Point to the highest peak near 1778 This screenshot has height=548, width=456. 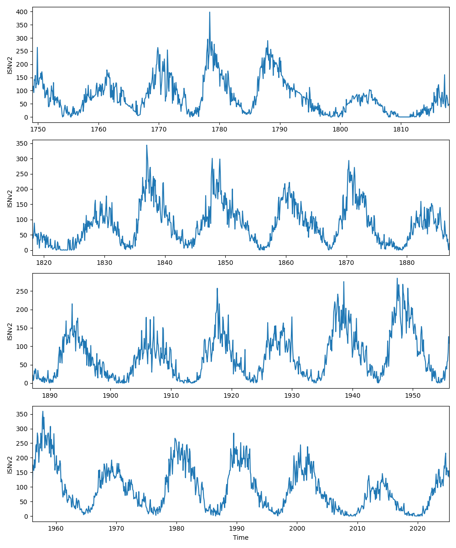coord(210,12)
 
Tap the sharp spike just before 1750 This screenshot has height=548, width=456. coord(37,47)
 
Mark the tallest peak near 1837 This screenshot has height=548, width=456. coord(146,145)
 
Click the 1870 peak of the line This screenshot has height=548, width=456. coord(348,161)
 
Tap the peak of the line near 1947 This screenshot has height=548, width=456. coord(397,278)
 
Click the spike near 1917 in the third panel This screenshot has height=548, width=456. coord(217,288)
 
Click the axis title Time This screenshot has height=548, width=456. coord(240,537)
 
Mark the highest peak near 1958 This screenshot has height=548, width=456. coord(43,411)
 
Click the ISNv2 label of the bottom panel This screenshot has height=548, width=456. coord(10,464)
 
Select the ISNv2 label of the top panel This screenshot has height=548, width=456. coord(10,64)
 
